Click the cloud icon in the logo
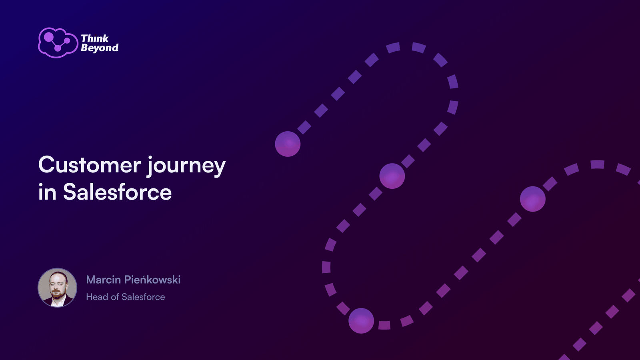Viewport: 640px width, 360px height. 58,43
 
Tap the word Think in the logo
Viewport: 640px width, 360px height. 95,38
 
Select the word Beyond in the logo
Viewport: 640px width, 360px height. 100,48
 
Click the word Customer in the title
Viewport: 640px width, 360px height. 90,165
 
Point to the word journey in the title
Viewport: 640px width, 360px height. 186,166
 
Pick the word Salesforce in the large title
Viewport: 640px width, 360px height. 118,192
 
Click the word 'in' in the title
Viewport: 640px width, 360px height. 47,192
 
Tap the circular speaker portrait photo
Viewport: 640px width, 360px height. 58,288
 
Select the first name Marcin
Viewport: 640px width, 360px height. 104,280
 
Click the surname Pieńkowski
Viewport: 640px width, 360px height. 152,280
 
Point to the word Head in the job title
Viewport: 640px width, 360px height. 97,297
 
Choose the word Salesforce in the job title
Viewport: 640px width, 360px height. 143,297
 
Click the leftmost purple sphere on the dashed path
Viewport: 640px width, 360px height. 288,144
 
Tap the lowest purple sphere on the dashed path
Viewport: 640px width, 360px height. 361,320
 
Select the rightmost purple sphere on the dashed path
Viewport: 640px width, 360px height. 532,199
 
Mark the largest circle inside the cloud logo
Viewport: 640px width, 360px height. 48,37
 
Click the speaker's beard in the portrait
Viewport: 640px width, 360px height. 58,295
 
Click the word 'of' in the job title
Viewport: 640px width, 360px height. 115,297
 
